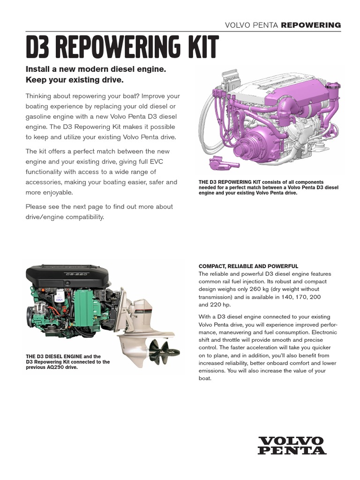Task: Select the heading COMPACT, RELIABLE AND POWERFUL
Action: click(x=248, y=266)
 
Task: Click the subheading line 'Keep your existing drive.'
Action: click(x=75, y=81)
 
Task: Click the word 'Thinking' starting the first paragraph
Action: click(x=40, y=96)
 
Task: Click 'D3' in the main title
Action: click(x=37, y=48)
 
